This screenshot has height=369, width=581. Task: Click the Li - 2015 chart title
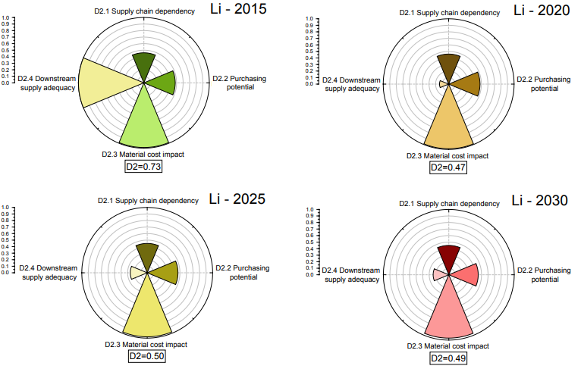(237, 13)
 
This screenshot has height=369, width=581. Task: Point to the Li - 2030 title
(539, 201)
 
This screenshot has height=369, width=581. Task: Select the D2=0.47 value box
(448, 167)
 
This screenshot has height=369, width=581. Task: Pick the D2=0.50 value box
(145, 356)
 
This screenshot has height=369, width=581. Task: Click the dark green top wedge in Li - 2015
(144, 65)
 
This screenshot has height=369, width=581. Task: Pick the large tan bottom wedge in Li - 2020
(448, 121)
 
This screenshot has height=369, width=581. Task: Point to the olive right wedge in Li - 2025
(165, 273)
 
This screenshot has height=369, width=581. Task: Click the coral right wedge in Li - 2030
(466, 274)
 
